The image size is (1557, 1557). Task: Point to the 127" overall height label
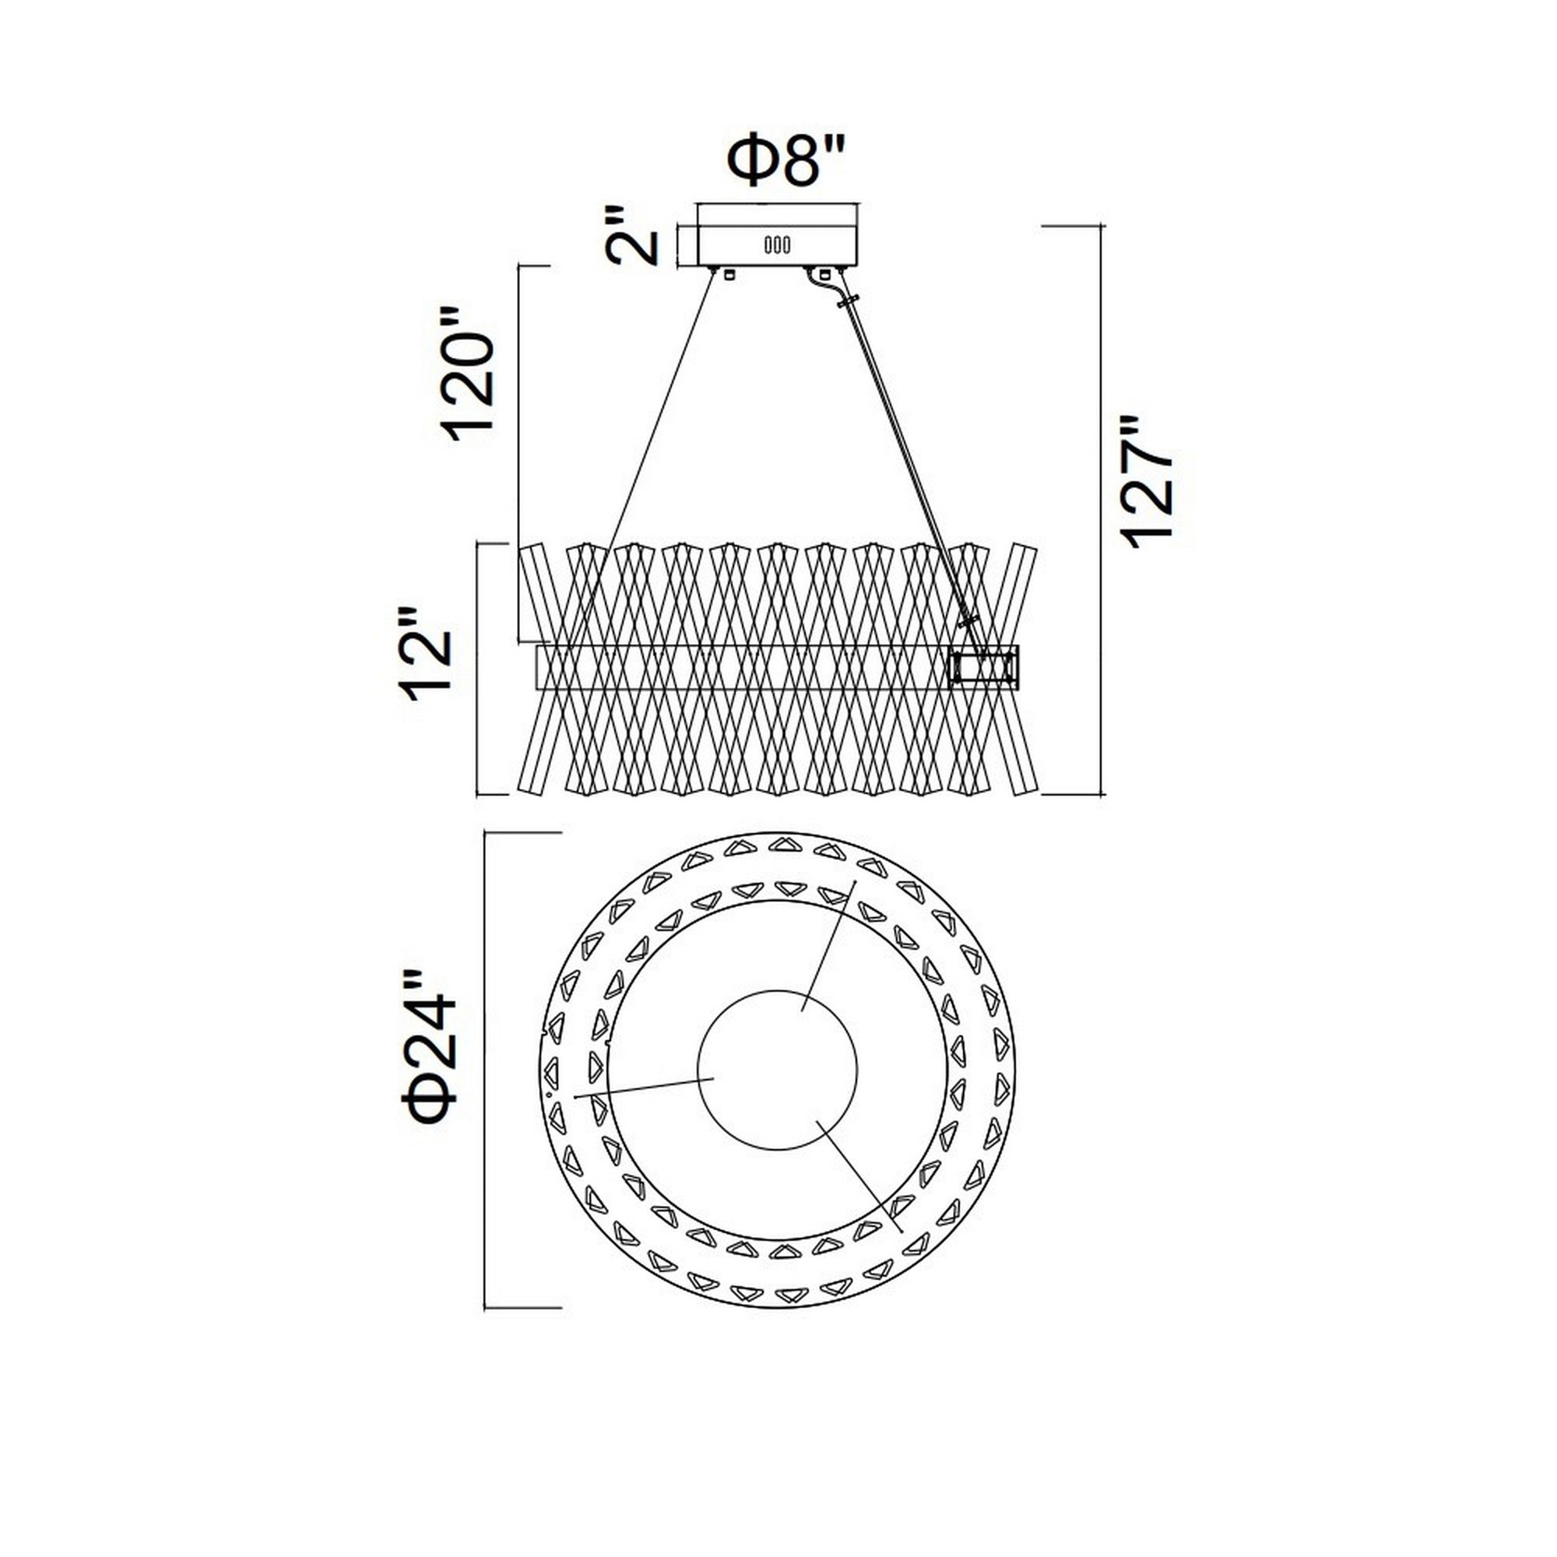click(x=1146, y=482)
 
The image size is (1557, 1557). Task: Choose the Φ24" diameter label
click(x=433, y=1046)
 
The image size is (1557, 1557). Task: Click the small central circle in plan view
click(x=777, y=1069)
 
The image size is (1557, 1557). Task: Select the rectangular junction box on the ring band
click(x=984, y=667)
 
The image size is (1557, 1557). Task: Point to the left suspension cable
click(x=645, y=452)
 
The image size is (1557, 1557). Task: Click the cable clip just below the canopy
click(x=847, y=303)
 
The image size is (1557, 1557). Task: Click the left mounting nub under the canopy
click(x=730, y=274)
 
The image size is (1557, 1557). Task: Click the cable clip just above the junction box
click(x=968, y=621)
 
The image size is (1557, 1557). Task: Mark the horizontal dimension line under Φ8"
click(x=778, y=205)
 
